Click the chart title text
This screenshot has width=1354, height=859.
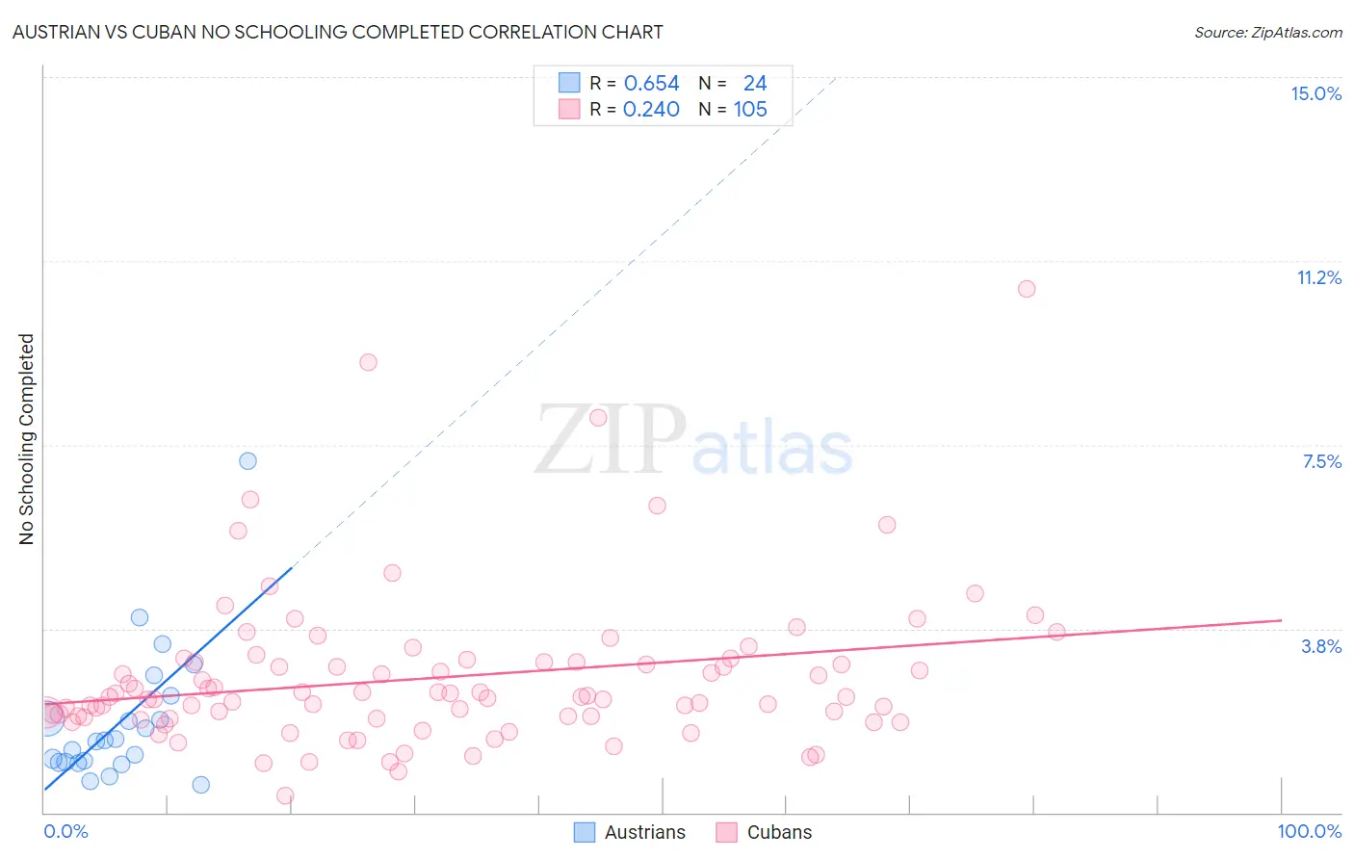(337, 32)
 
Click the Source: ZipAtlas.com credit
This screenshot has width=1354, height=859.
(1267, 33)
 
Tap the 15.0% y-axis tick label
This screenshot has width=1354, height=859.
(1315, 93)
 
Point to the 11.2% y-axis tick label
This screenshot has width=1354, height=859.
(1318, 277)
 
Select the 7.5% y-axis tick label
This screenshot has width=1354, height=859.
(1321, 461)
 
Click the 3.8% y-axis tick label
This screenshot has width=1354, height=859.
(1321, 646)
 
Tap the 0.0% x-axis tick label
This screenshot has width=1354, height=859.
(65, 831)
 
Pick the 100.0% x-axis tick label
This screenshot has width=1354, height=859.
(1309, 831)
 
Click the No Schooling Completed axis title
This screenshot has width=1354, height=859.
(27, 439)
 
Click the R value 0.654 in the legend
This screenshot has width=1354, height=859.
(651, 84)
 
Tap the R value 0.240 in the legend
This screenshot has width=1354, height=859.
(651, 110)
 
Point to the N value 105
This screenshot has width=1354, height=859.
(750, 110)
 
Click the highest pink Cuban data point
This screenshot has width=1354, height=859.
(1027, 289)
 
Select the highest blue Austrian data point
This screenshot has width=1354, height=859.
(247, 460)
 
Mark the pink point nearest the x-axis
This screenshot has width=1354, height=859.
(285, 795)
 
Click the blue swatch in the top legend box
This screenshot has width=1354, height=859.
(569, 84)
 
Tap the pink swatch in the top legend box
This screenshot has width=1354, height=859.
(569, 110)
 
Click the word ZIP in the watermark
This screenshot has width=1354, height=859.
(611, 441)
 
